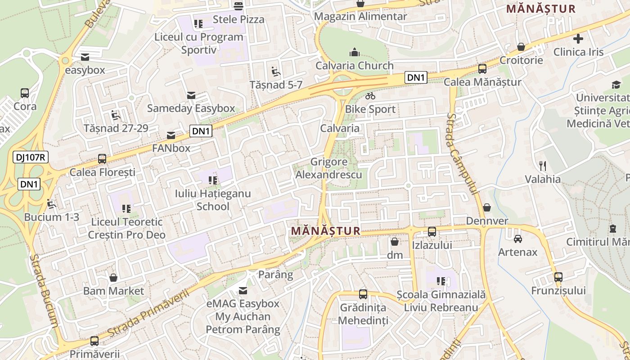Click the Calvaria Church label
tap(355, 66)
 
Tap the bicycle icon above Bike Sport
tap(370, 95)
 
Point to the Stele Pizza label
tap(238, 19)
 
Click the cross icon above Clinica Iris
tap(578, 39)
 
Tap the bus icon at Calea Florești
tap(102, 159)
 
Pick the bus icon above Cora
tap(25, 93)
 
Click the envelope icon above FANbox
tap(171, 135)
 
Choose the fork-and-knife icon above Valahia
tap(543, 166)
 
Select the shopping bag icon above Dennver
tap(486, 207)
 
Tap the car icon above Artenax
tap(517, 238)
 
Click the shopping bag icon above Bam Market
tap(113, 278)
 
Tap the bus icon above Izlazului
tap(432, 232)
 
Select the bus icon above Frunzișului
tap(558, 277)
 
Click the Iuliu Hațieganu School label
tap(213, 200)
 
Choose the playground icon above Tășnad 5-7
tap(276, 72)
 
